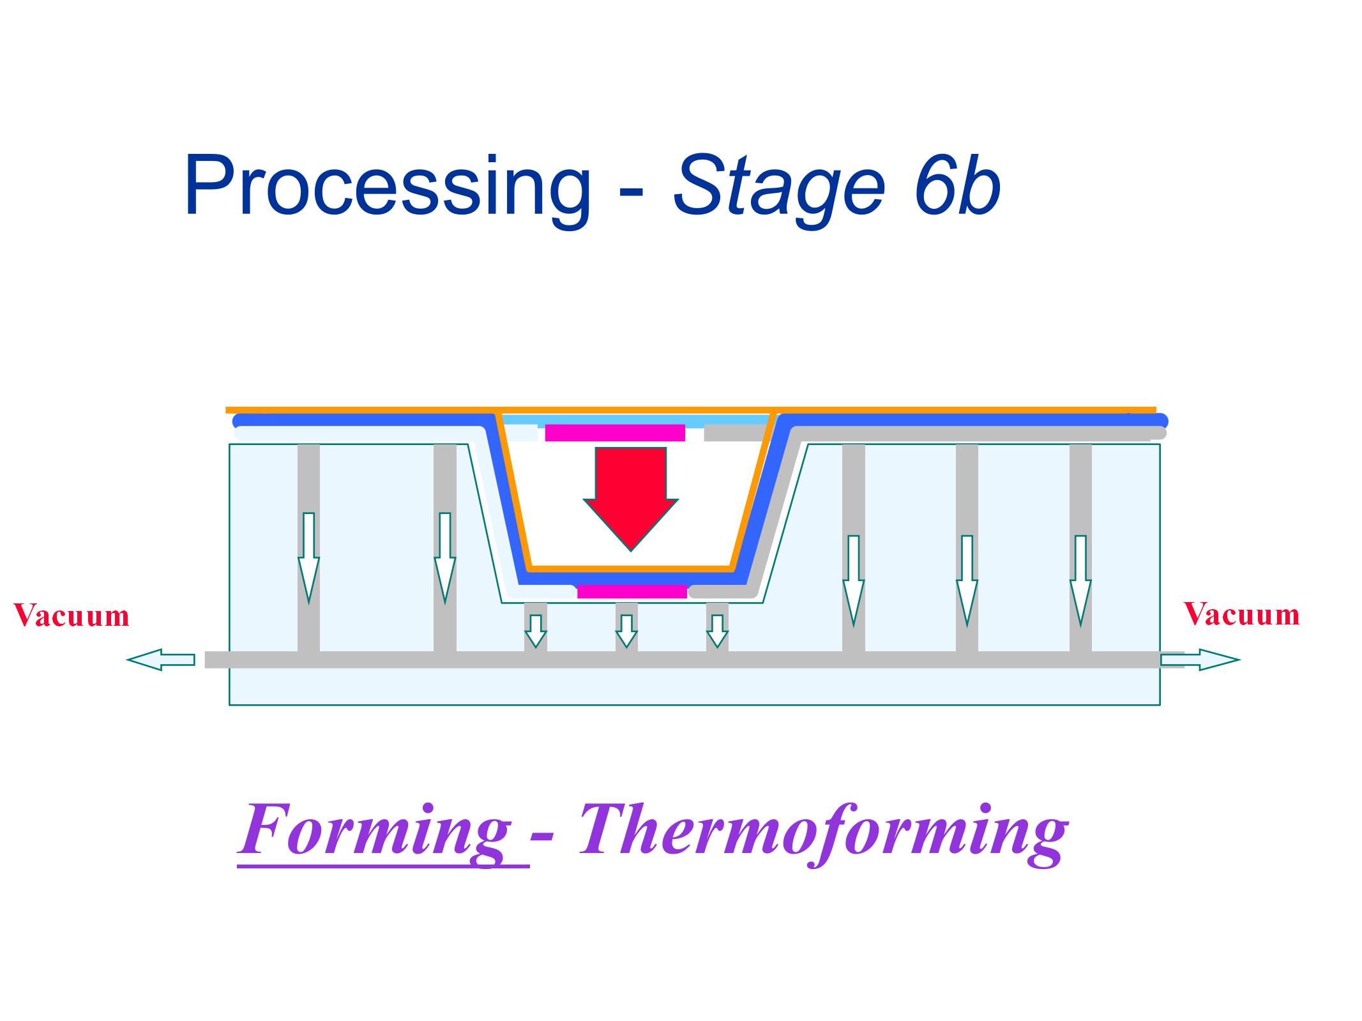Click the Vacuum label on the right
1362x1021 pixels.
point(1241,614)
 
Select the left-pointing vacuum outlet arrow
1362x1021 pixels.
point(161,660)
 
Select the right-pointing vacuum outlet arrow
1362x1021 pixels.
point(1199,660)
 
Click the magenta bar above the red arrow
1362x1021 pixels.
point(614,433)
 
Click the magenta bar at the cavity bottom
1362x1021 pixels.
point(632,591)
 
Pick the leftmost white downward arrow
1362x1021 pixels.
point(308,556)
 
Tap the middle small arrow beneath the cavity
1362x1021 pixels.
point(626,631)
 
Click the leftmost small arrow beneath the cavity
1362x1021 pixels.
point(535,631)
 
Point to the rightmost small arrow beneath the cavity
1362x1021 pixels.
point(717,631)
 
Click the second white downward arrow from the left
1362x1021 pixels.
point(444,556)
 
